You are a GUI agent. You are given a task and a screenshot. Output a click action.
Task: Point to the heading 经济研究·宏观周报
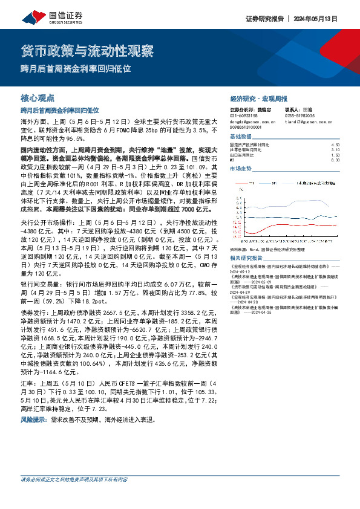click(258, 98)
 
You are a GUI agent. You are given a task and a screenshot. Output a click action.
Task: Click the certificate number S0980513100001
click(248, 127)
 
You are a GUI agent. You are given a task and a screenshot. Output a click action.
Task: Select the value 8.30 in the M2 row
click(336, 160)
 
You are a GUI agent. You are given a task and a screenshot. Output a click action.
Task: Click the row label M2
click(233, 160)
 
